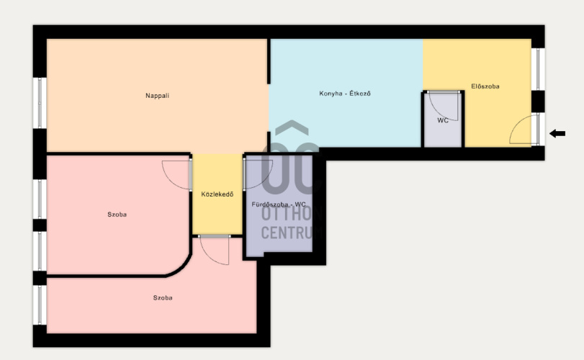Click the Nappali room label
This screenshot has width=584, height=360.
157,96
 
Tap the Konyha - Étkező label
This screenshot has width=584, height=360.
345,94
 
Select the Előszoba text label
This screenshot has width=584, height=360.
485,86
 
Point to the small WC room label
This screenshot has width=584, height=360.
443,120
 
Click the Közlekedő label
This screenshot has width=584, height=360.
217,194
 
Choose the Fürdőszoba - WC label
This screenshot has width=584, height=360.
279,204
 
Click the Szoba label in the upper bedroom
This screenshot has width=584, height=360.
117,215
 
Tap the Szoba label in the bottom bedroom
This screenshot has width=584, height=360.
163,298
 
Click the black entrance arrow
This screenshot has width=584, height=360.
557,133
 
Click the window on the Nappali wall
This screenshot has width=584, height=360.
40,103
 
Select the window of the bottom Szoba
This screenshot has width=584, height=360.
40,305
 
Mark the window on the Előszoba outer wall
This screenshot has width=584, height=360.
538,69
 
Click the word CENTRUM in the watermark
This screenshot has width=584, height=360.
291,233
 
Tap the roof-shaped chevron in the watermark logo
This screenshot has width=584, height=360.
292,127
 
